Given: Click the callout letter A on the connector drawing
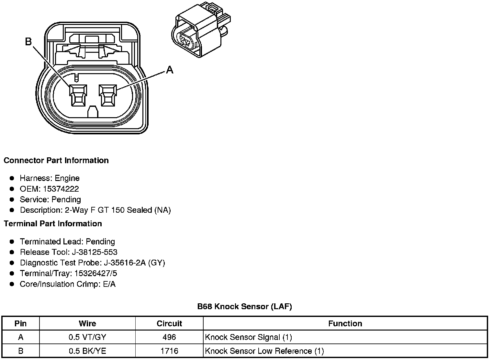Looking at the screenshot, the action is click(170, 69).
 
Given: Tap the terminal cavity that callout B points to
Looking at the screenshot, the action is click(78, 96).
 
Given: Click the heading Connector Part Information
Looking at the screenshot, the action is click(56, 161).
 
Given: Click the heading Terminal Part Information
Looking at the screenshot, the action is click(53, 224).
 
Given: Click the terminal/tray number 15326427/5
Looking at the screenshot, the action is click(96, 274).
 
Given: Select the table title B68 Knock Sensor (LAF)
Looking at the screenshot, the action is click(244, 306).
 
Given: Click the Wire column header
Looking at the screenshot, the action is click(87, 323).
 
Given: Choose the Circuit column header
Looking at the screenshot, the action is click(169, 323).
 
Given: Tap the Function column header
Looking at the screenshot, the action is click(345, 323).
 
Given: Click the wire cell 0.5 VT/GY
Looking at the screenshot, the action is click(87, 337).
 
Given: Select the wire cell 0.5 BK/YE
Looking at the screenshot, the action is click(87, 351).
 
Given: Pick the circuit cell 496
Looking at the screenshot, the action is click(169, 337).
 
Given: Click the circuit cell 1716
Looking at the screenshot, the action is click(169, 351).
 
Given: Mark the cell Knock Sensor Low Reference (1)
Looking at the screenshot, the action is click(264, 351).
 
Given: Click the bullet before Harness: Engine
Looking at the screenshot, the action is click(12, 178).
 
